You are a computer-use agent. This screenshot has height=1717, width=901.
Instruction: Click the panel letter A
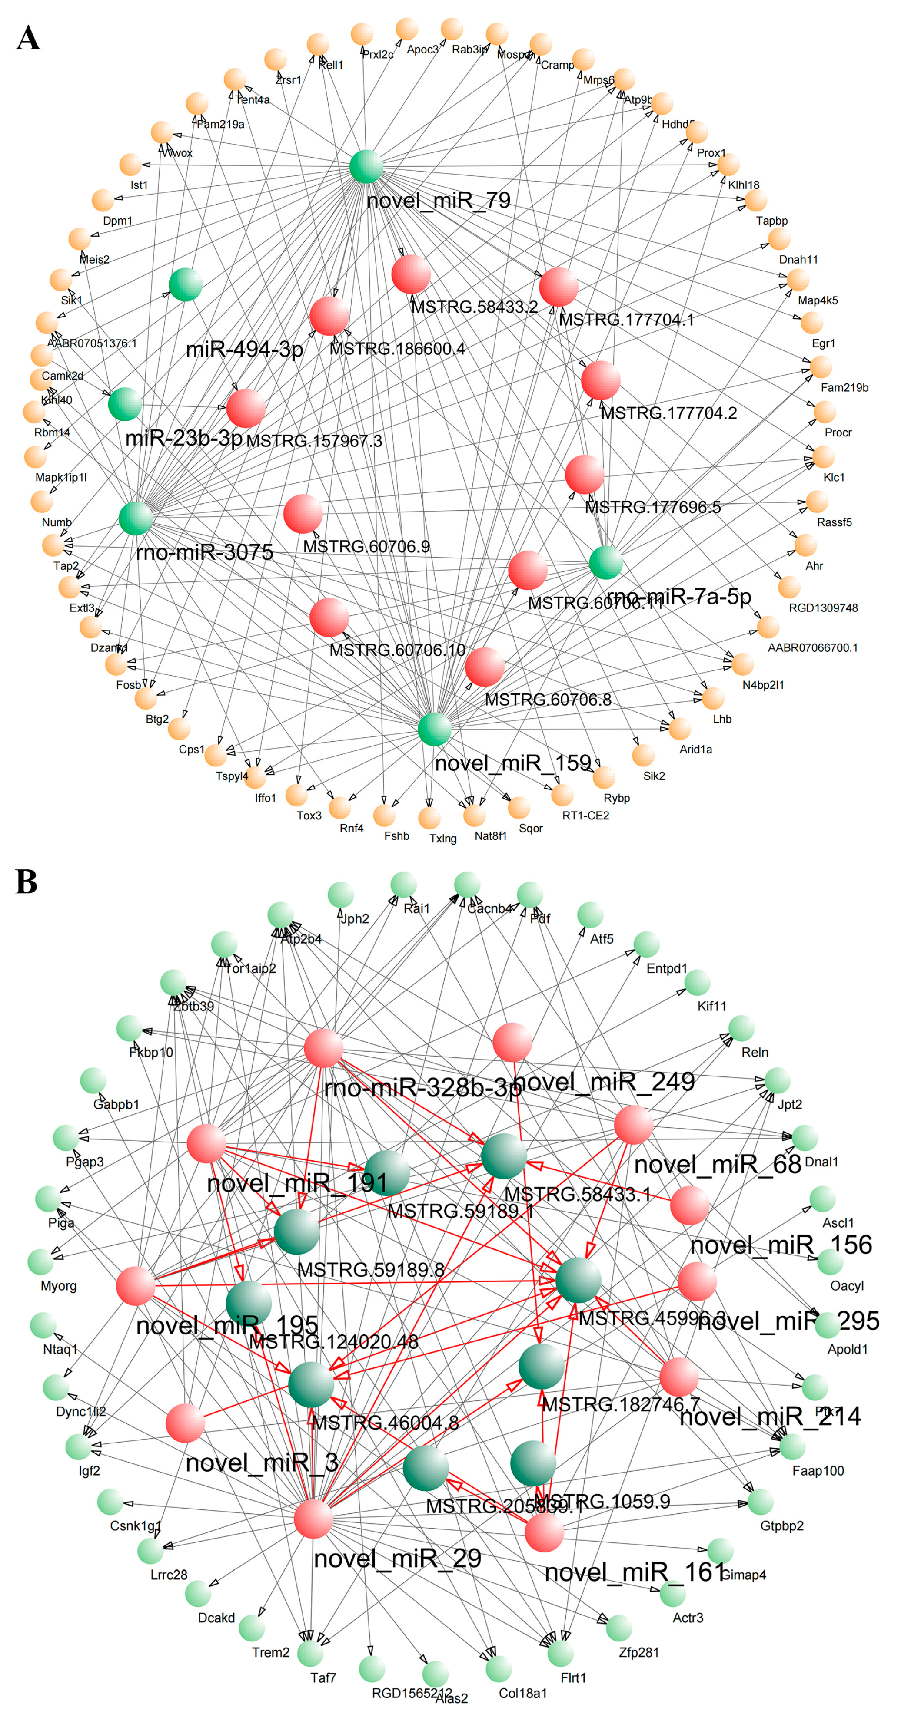pos(28,38)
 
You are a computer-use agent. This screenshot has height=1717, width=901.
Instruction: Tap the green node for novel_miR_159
pos(434,729)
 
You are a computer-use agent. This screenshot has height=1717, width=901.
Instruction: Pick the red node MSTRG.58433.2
pos(411,274)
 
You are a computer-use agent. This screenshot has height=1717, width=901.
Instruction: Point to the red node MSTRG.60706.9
pos(303,514)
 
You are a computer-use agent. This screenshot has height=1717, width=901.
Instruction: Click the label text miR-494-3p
pos(244,349)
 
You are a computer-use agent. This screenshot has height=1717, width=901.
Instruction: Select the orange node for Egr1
pos(811,323)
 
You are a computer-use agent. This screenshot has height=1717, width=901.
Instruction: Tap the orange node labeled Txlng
pos(429,818)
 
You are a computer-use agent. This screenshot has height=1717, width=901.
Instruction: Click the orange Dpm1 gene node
pos(103,200)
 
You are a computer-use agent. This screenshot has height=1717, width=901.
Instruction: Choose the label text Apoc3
pos(423,50)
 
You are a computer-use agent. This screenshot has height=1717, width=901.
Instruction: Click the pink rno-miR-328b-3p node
pos(323,1048)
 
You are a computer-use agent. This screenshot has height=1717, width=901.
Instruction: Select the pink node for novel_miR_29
pos(313,1519)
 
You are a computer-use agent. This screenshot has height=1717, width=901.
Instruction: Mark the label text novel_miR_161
pos(634,1572)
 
